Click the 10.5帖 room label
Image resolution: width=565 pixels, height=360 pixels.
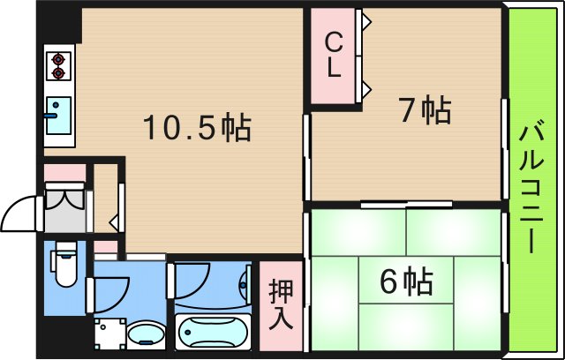[197, 130]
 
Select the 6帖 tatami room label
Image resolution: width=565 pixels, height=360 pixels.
[405, 282]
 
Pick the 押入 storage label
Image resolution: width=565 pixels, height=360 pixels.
[281, 304]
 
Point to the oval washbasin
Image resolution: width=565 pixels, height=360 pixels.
[147, 334]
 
